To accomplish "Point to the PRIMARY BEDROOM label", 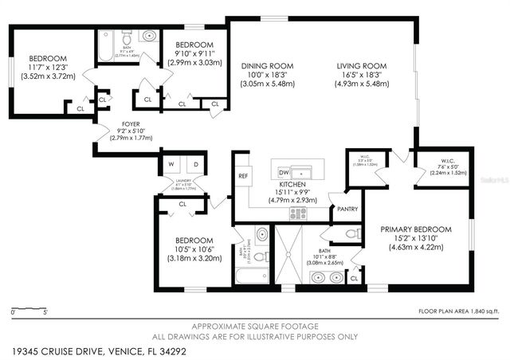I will [x=410, y=228].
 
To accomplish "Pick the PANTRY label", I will [x=347, y=209].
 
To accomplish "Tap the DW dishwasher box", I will [x=283, y=171].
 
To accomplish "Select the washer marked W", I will [x=171, y=166].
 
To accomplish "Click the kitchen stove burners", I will [x=297, y=213].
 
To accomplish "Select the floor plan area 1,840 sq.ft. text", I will [x=458, y=311].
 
